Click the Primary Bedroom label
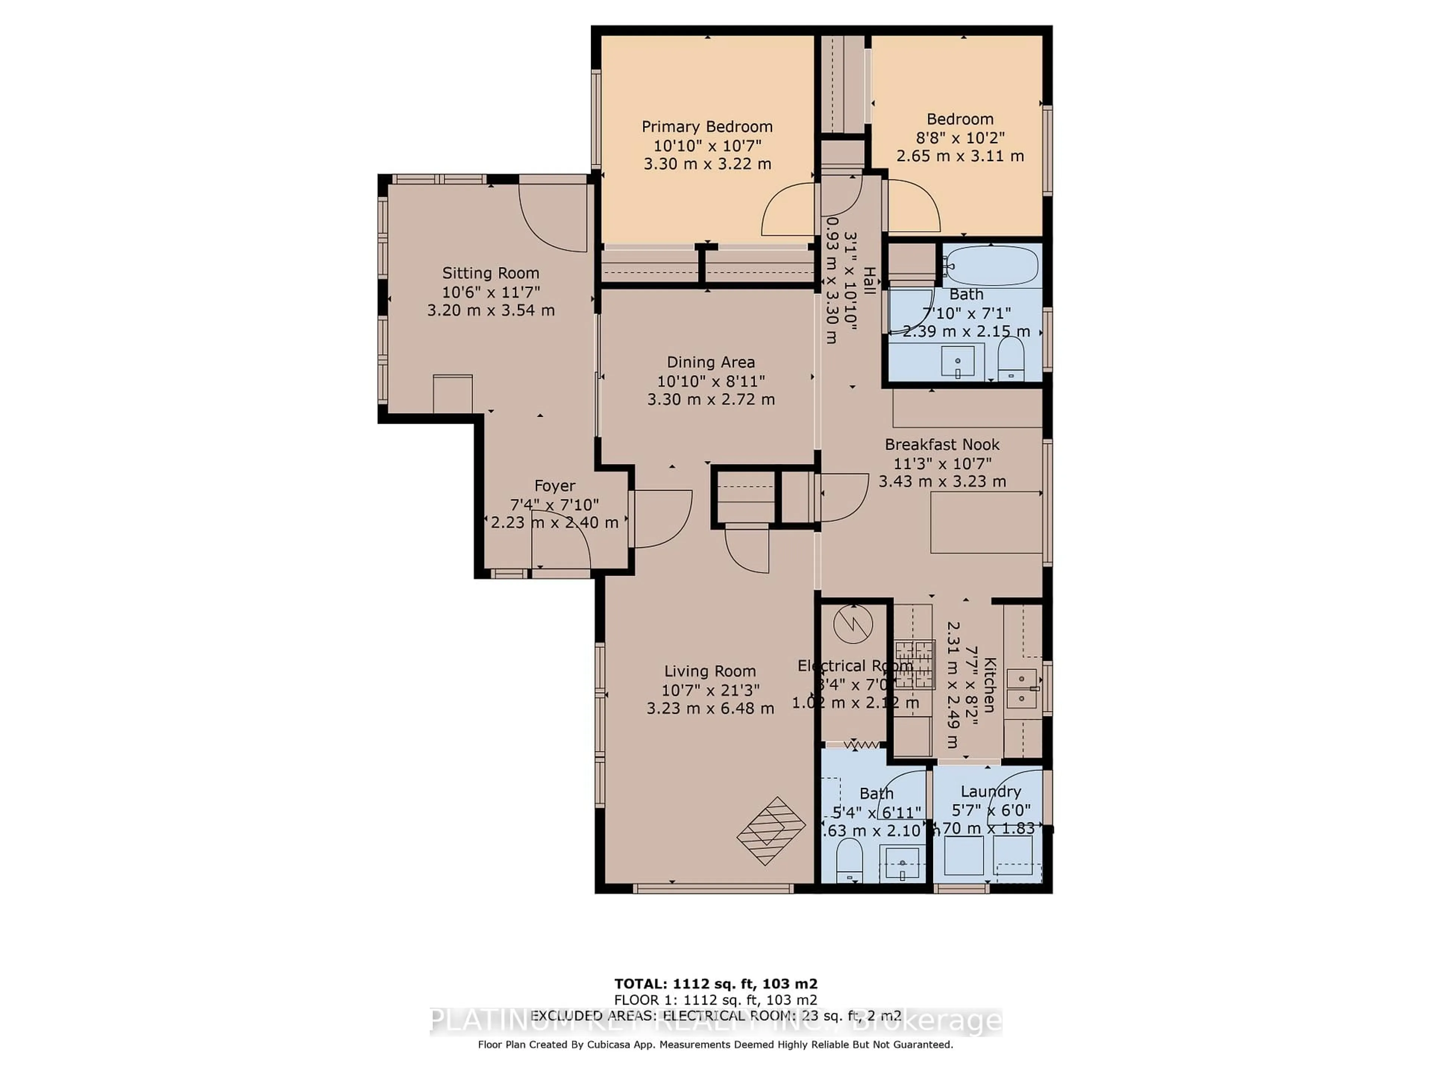(x=707, y=127)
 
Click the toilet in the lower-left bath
(x=849, y=860)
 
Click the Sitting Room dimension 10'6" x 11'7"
(x=491, y=292)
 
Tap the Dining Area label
(x=711, y=362)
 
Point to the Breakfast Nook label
(x=942, y=445)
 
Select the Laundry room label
(x=990, y=791)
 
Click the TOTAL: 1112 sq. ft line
(x=716, y=984)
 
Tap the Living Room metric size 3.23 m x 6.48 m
(x=710, y=708)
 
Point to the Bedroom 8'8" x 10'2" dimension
(x=960, y=138)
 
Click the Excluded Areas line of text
(x=716, y=1016)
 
